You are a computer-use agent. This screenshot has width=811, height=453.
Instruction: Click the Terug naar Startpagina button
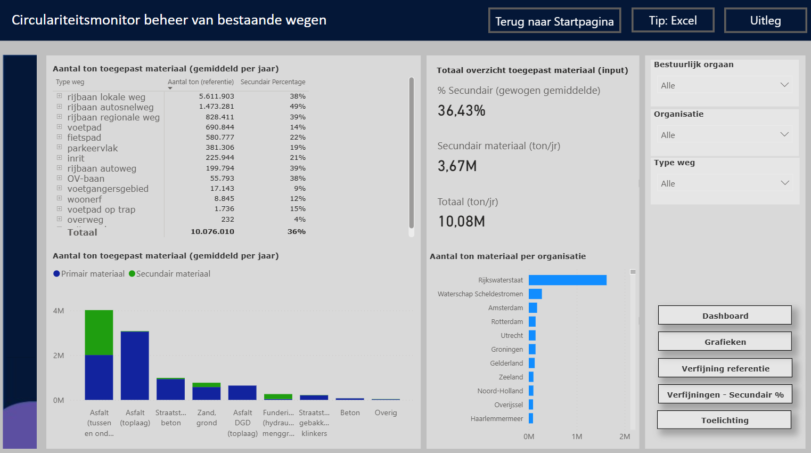click(554, 21)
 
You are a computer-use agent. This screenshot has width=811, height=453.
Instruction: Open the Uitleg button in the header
click(765, 20)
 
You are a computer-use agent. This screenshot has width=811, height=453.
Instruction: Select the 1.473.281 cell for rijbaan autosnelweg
click(217, 107)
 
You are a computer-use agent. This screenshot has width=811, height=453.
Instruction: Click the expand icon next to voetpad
click(60, 127)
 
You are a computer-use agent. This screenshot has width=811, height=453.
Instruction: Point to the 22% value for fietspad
click(298, 137)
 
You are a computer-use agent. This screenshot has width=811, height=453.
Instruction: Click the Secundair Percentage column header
click(273, 82)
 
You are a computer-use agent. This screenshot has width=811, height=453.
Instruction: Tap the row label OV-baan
click(86, 179)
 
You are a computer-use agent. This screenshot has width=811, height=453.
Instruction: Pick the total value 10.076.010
click(212, 232)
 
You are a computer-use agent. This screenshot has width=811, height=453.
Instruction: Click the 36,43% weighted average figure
click(461, 110)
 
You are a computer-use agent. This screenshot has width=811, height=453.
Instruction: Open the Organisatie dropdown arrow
click(784, 134)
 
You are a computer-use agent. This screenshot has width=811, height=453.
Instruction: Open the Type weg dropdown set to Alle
click(725, 183)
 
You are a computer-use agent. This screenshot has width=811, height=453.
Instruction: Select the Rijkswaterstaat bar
click(567, 280)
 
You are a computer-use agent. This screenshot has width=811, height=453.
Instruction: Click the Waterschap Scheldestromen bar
click(535, 294)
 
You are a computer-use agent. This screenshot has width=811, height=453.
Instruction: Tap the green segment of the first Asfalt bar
click(99, 333)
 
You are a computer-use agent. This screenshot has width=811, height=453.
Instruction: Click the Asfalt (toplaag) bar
click(135, 365)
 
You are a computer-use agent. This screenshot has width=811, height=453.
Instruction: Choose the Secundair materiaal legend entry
click(169, 273)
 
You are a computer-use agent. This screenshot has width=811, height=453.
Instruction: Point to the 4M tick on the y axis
click(58, 311)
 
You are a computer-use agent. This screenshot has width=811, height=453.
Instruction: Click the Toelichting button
click(724, 420)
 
